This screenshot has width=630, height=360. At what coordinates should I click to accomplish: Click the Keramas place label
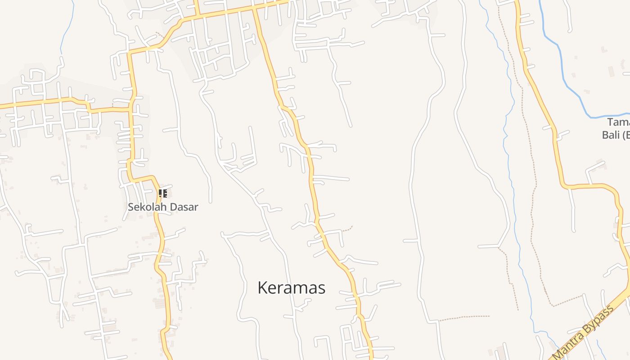[291, 288]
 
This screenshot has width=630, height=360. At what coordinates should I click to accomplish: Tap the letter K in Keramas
[262, 288]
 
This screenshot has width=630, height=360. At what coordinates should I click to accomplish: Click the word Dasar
[184, 207]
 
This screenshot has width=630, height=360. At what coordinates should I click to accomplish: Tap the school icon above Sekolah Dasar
[162, 193]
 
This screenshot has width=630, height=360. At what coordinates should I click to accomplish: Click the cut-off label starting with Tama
[618, 122]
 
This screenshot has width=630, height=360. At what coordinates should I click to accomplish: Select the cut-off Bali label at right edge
[612, 135]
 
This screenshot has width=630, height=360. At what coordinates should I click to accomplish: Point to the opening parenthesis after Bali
[625, 135]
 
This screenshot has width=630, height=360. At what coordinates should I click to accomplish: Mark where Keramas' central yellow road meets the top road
[253, 8]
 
